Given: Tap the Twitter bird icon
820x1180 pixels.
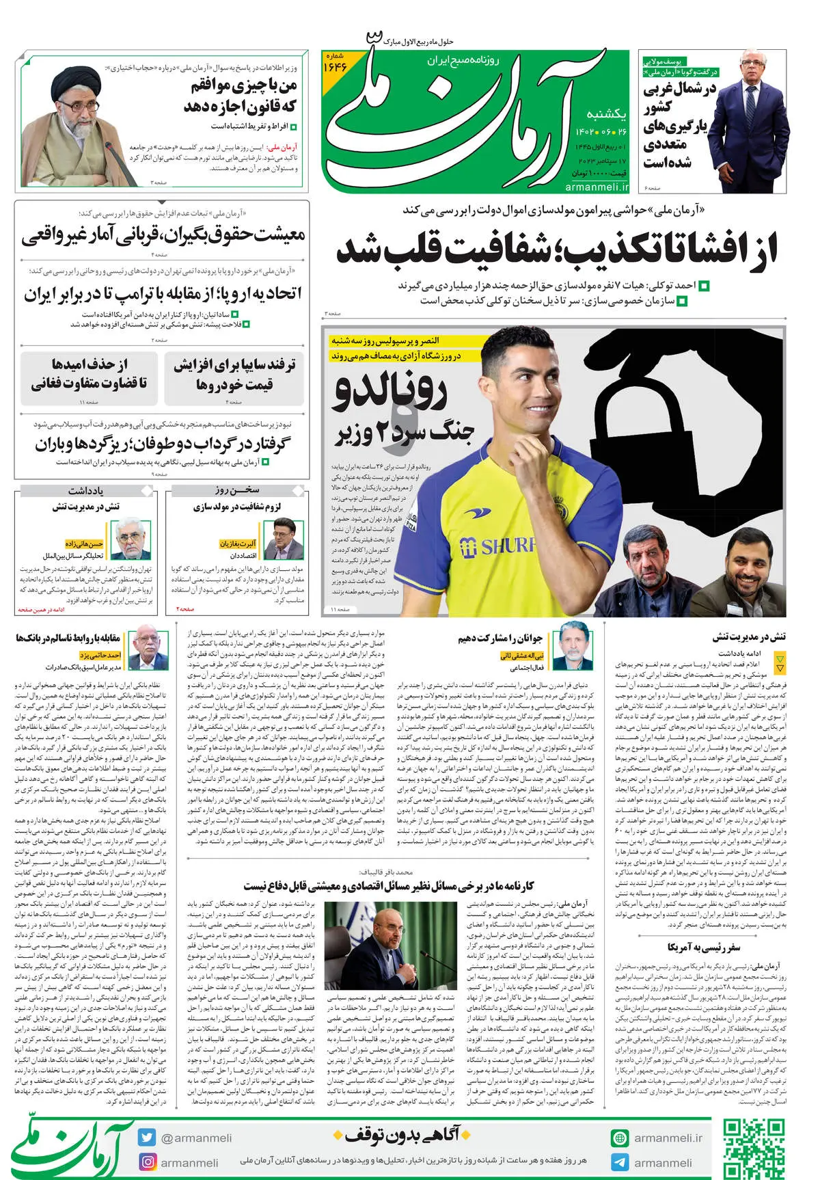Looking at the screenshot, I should click(x=146, y=1138).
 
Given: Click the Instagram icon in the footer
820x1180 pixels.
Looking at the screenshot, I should click(x=147, y=1162).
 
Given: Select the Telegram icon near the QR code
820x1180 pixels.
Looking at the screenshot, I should click(x=620, y=1162).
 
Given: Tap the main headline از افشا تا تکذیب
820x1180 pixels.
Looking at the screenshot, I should click(x=556, y=249).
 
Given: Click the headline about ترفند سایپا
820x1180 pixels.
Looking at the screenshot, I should click(x=234, y=375).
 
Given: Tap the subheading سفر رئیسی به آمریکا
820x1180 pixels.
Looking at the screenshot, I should click(x=704, y=947).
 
